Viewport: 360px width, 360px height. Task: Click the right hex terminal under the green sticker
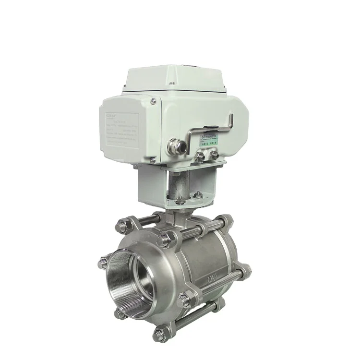tap(214, 155)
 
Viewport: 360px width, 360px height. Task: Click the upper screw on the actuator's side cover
tap(152, 101)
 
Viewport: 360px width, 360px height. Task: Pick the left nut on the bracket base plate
tap(179, 199)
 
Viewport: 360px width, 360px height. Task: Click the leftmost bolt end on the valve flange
tap(102, 263)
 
